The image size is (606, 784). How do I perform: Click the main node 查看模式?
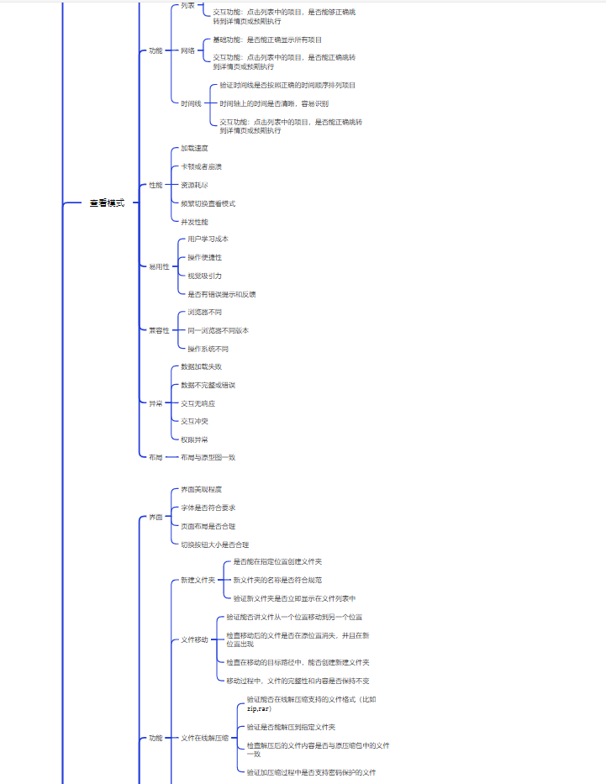(x=107, y=203)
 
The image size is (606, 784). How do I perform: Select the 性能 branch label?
(x=155, y=185)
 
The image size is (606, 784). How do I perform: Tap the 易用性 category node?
(x=159, y=266)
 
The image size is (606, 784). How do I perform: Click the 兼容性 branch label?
(x=159, y=330)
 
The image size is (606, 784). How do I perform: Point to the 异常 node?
(x=155, y=403)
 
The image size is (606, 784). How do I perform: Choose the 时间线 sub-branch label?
(x=191, y=103)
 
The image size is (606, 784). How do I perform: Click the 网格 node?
(x=187, y=50)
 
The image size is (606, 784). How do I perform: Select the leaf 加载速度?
(x=194, y=148)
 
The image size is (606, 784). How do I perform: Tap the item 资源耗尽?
(x=194, y=185)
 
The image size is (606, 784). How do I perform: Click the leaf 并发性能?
(x=194, y=222)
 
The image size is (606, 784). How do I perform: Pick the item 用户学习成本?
(x=208, y=239)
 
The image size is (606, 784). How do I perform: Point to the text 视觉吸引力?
(x=204, y=276)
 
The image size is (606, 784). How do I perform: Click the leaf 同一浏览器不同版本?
(x=218, y=330)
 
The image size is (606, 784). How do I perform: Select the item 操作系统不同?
(x=208, y=349)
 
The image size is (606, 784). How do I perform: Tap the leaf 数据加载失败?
(x=201, y=366)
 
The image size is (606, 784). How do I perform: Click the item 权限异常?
(x=194, y=439)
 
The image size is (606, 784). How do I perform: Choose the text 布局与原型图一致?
(x=208, y=457)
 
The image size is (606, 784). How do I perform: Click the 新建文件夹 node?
(x=198, y=580)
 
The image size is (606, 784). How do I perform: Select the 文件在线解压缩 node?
(x=204, y=738)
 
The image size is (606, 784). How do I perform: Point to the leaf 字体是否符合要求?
(x=208, y=508)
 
